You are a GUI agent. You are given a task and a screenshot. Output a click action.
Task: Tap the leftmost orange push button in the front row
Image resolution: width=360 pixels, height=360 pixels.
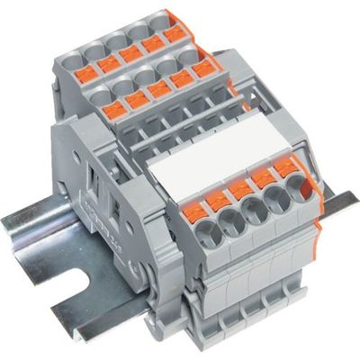[195, 212]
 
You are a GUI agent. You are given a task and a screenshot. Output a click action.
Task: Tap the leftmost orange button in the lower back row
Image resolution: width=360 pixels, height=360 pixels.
[114, 111]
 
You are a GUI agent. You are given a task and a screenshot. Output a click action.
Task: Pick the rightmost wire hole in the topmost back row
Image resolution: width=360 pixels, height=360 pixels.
[160, 19]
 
